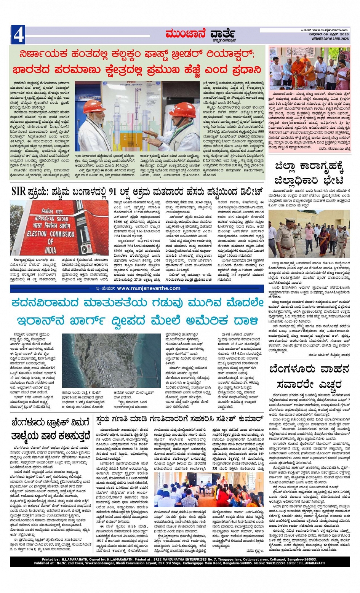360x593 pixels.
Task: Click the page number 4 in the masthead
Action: coord(18,35)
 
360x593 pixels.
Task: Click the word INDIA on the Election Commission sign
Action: coord(51,251)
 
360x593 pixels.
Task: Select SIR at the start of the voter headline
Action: coord(19,191)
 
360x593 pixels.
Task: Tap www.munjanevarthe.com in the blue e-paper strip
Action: coord(149,288)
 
